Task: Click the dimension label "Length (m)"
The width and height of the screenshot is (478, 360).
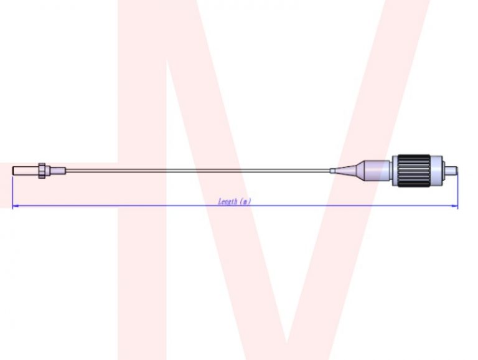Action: coord(235,201)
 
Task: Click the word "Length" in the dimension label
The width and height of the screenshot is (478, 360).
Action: coord(228,201)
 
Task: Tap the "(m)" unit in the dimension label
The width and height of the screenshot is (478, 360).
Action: coord(246,201)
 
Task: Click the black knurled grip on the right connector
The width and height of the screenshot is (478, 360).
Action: coord(412,169)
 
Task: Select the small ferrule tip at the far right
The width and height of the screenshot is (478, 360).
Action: coord(454,169)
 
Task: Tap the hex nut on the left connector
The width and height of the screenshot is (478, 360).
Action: coord(42,169)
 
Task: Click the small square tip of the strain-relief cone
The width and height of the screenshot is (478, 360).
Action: coord(334,169)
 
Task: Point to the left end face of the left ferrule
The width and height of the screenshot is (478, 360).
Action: coord(13,169)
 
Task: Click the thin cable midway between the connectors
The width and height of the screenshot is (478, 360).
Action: coord(199,169)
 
